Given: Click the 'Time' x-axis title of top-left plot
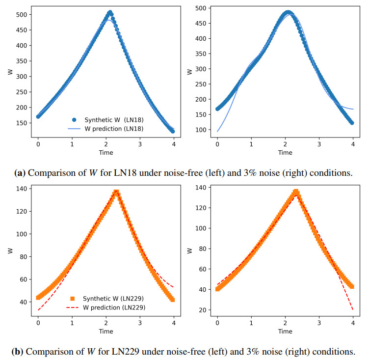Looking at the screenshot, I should [x=105, y=152].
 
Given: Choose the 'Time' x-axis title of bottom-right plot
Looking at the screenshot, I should [x=285, y=331].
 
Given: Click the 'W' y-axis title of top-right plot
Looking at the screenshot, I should [x=190, y=72].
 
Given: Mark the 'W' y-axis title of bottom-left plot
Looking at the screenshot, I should [x=10, y=250].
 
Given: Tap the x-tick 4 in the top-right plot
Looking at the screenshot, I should [x=353, y=145].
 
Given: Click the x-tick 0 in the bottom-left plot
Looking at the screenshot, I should [x=38, y=324].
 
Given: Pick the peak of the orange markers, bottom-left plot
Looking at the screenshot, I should [x=116, y=192].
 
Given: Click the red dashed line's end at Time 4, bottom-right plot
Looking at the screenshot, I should [x=353, y=309].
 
